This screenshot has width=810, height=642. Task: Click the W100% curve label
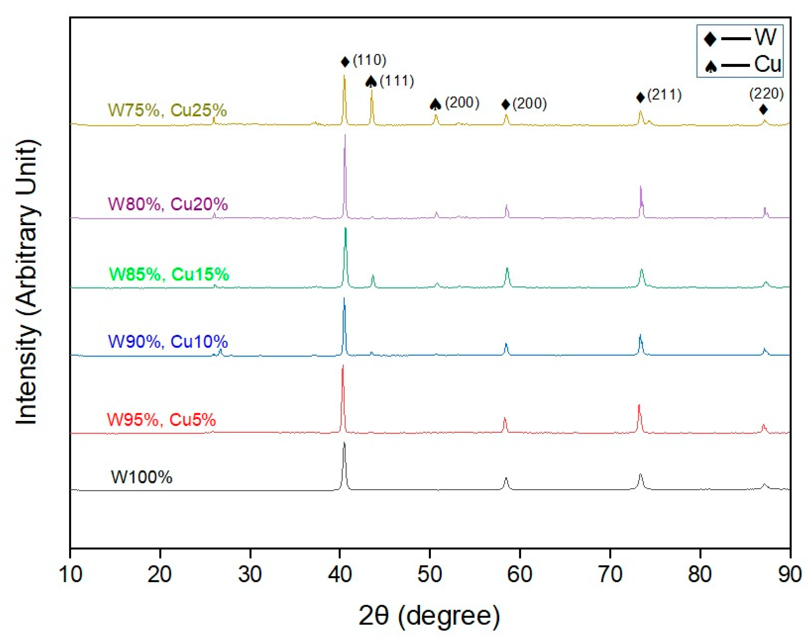[142, 477]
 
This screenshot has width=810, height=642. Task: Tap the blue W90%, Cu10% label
[168, 341]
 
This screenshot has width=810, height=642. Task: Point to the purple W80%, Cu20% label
[168, 204]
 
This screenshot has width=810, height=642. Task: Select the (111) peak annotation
[397, 81]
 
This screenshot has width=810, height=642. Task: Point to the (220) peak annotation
[766, 94]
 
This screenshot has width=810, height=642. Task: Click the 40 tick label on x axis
[340, 574]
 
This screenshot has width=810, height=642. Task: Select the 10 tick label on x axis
[70, 574]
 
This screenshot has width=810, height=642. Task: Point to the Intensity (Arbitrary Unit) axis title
[27, 282]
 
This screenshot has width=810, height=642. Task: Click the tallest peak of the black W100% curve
[344, 443]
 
